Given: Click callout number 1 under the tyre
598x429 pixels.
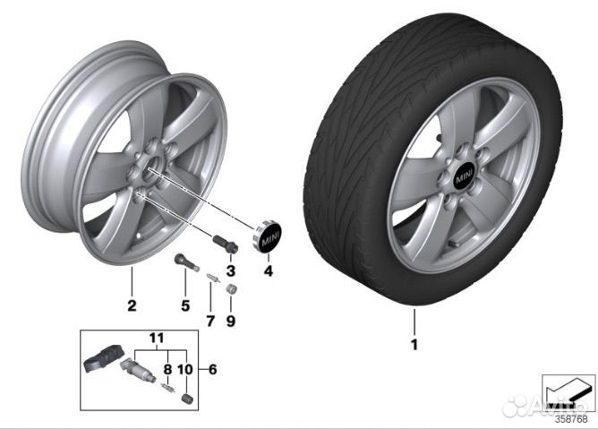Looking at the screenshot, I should pyautogui.click(x=414, y=343).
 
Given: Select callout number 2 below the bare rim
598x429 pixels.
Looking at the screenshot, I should pyautogui.click(x=132, y=306).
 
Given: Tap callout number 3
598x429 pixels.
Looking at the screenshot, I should pyautogui.click(x=230, y=270).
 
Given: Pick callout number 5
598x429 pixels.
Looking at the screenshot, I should pyautogui.click(x=185, y=305).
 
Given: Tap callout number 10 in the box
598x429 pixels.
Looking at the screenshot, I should pyautogui.click(x=184, y=366).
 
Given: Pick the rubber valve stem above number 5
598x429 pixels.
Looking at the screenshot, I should pyautogui.click(x=184, y=265).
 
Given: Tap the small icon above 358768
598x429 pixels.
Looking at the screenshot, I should pyautogui.click(x=568, y=390).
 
